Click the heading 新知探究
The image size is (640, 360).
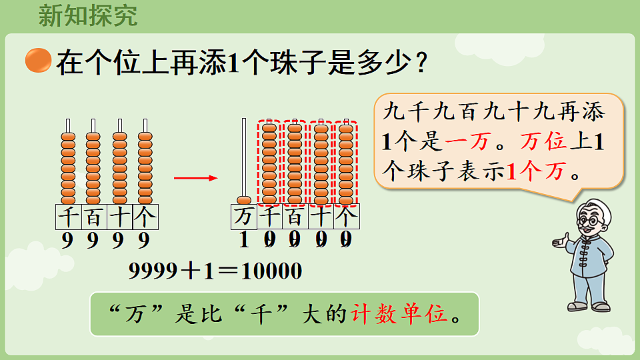pyautogui.click(x=88, y=15)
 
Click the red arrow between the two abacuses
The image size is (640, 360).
pyautogui.click(x=195, y=178)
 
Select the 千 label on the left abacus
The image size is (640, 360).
pyautogui.click(x=67, y=216)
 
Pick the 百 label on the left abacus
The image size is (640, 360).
pyautogui.click(x=93, y=216)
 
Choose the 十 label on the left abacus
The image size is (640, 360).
pyautogui.click(x=119, y=216)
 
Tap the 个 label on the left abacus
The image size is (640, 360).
pyautogui.click(x=145, y=216)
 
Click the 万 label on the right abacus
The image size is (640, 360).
pyautogui.click(x=244, y=216)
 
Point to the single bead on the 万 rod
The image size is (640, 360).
pyautogui.click(x=244, y=199)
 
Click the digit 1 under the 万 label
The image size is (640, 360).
pyautogui.click(x=244, y=239)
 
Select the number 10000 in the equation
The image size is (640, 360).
pyautogui.click(x=271, y=271)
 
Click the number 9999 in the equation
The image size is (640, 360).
pyautogui.click(x=153, y=271)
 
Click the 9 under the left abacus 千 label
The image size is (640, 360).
pyautogui.click(x=67, y=240)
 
